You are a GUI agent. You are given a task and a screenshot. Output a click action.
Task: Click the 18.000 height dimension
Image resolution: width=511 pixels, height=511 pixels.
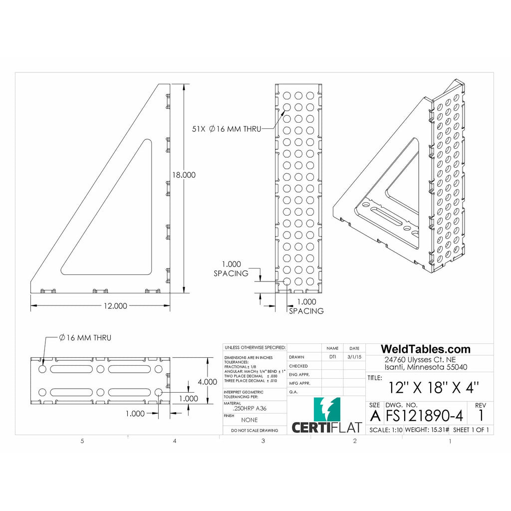click(x=184, y=175)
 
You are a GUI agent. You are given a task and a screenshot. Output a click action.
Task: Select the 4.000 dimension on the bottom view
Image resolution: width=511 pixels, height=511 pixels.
click(x=207, y=381)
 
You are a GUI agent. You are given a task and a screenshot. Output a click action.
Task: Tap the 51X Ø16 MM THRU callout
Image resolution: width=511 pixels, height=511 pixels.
click(x=227, y=129)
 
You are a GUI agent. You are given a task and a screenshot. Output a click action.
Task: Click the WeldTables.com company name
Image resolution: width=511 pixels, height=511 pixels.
click(x=426, y=349)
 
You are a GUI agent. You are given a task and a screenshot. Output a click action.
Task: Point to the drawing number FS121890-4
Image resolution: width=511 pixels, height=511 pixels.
click(x=424, y=416)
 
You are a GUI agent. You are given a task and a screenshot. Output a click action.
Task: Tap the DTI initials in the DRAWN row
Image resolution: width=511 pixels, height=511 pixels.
click(x=332, y=357)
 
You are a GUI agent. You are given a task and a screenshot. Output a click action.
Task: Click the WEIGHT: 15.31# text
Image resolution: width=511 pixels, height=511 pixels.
click(x=427, y=430)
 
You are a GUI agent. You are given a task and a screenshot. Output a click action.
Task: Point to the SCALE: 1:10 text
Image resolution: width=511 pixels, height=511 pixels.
click(x=385, y=430)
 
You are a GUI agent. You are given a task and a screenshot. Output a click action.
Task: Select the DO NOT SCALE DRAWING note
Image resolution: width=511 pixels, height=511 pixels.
click(x=255, y=430)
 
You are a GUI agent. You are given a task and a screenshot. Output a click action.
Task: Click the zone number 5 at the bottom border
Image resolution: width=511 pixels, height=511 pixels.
click(x=82, y=441)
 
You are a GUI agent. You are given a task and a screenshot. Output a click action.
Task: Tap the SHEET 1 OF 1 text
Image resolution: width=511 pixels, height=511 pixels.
click(x=471, y=430)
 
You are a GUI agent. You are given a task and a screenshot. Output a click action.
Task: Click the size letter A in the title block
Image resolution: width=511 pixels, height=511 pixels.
click(x=375, y=416)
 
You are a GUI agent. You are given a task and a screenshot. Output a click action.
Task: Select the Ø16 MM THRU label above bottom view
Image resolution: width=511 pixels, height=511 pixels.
click(x=85, y=338)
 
